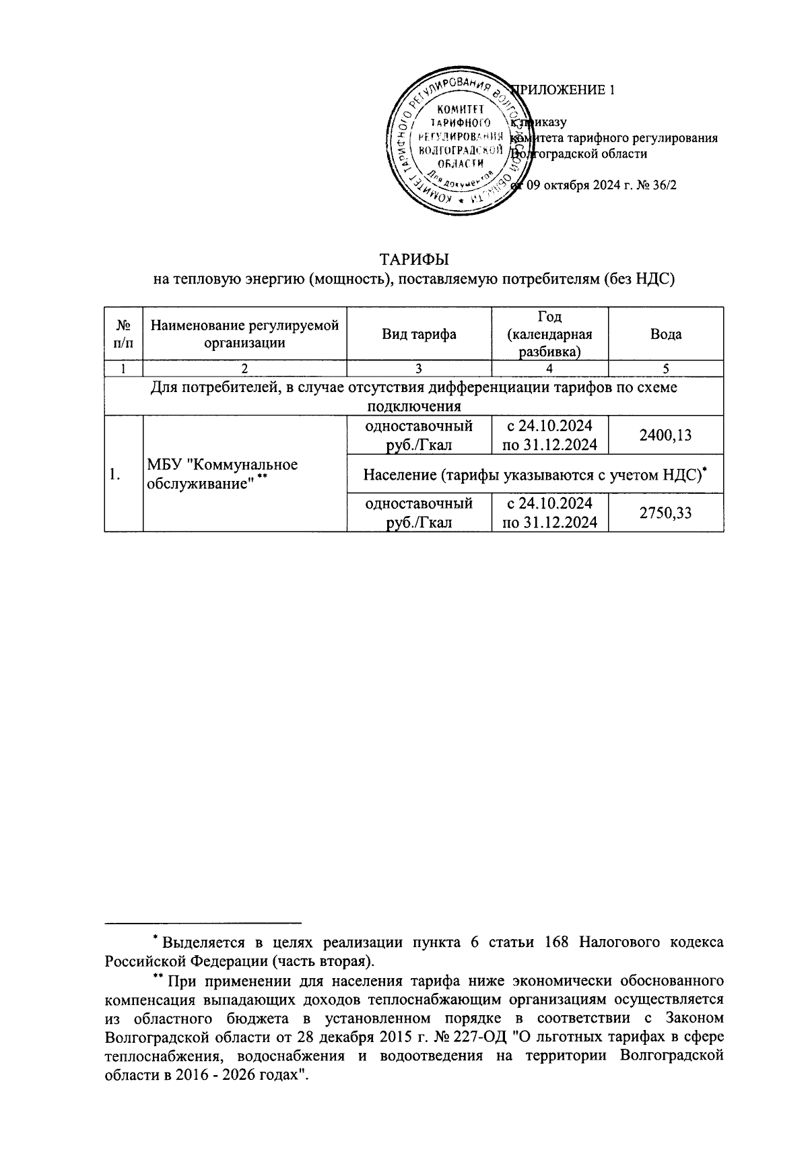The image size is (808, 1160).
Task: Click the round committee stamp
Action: click(x=457, y=146)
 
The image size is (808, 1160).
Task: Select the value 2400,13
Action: click(x=665, y=435)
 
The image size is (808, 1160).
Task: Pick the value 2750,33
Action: click(x=665, y=513)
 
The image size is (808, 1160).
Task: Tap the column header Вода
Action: click(x=665, y=334)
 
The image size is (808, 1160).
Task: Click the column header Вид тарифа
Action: click(x=419, y=334)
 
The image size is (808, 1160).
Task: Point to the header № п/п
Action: click(x=123, y=334)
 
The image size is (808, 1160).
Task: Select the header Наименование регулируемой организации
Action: click(x=244, y=334)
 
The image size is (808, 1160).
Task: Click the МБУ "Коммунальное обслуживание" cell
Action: click(x=222, y=474)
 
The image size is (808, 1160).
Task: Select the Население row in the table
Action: click(x=535, y=474)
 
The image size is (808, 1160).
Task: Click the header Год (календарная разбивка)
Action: click(x=549, y=334)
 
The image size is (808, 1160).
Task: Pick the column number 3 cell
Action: click(x=419, y=368)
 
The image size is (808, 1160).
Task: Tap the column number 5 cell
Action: click(x=665, y=368)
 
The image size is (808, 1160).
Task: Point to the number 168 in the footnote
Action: click(x=555, y=941)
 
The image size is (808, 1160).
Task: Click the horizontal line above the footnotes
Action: click(x=203, y=922)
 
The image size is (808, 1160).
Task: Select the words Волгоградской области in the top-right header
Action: click(x=580, y=154)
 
